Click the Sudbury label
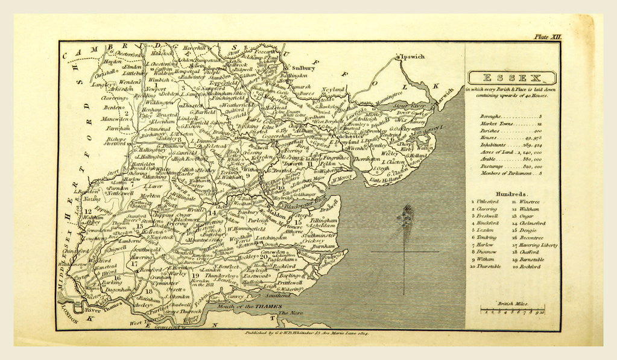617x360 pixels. [x=305, y=68]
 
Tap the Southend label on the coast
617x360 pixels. [x=277, y=297]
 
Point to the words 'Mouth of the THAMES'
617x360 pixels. [x=246, y=307]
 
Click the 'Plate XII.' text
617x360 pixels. [x=547, y=37]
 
